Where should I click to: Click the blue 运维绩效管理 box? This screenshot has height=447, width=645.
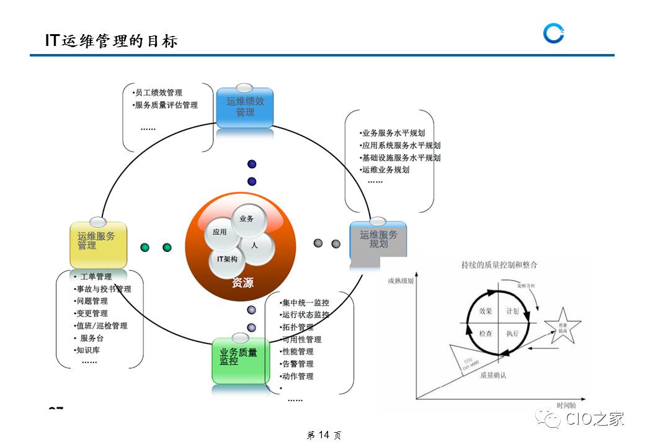click(x=245, y=107)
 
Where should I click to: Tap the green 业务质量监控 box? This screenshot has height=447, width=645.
click(x=241, y=358)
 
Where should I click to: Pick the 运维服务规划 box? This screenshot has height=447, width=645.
click(x=378, y=240)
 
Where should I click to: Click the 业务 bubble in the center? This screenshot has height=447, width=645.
click(x=246, y=219)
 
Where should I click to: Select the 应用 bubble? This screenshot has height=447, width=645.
click(x=220, y=232)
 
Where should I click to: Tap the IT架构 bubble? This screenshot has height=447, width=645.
click(x=227, y=259)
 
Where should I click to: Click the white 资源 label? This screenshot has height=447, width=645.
click(x=242, y=283)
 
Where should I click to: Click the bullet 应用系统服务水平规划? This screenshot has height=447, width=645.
click(x=401, y=145)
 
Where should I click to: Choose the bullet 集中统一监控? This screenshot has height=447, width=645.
click(x=305, y=303)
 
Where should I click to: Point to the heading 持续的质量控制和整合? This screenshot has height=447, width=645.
click(x=499, y=264)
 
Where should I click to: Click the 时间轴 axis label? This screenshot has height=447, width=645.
click(x=566, y=405)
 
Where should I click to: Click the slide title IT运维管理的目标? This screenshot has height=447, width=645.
click(x=112, y=41)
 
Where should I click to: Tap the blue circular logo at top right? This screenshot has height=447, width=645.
click(x=553, y=34)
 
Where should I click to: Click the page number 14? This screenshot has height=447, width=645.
click(x=324, y=435)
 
